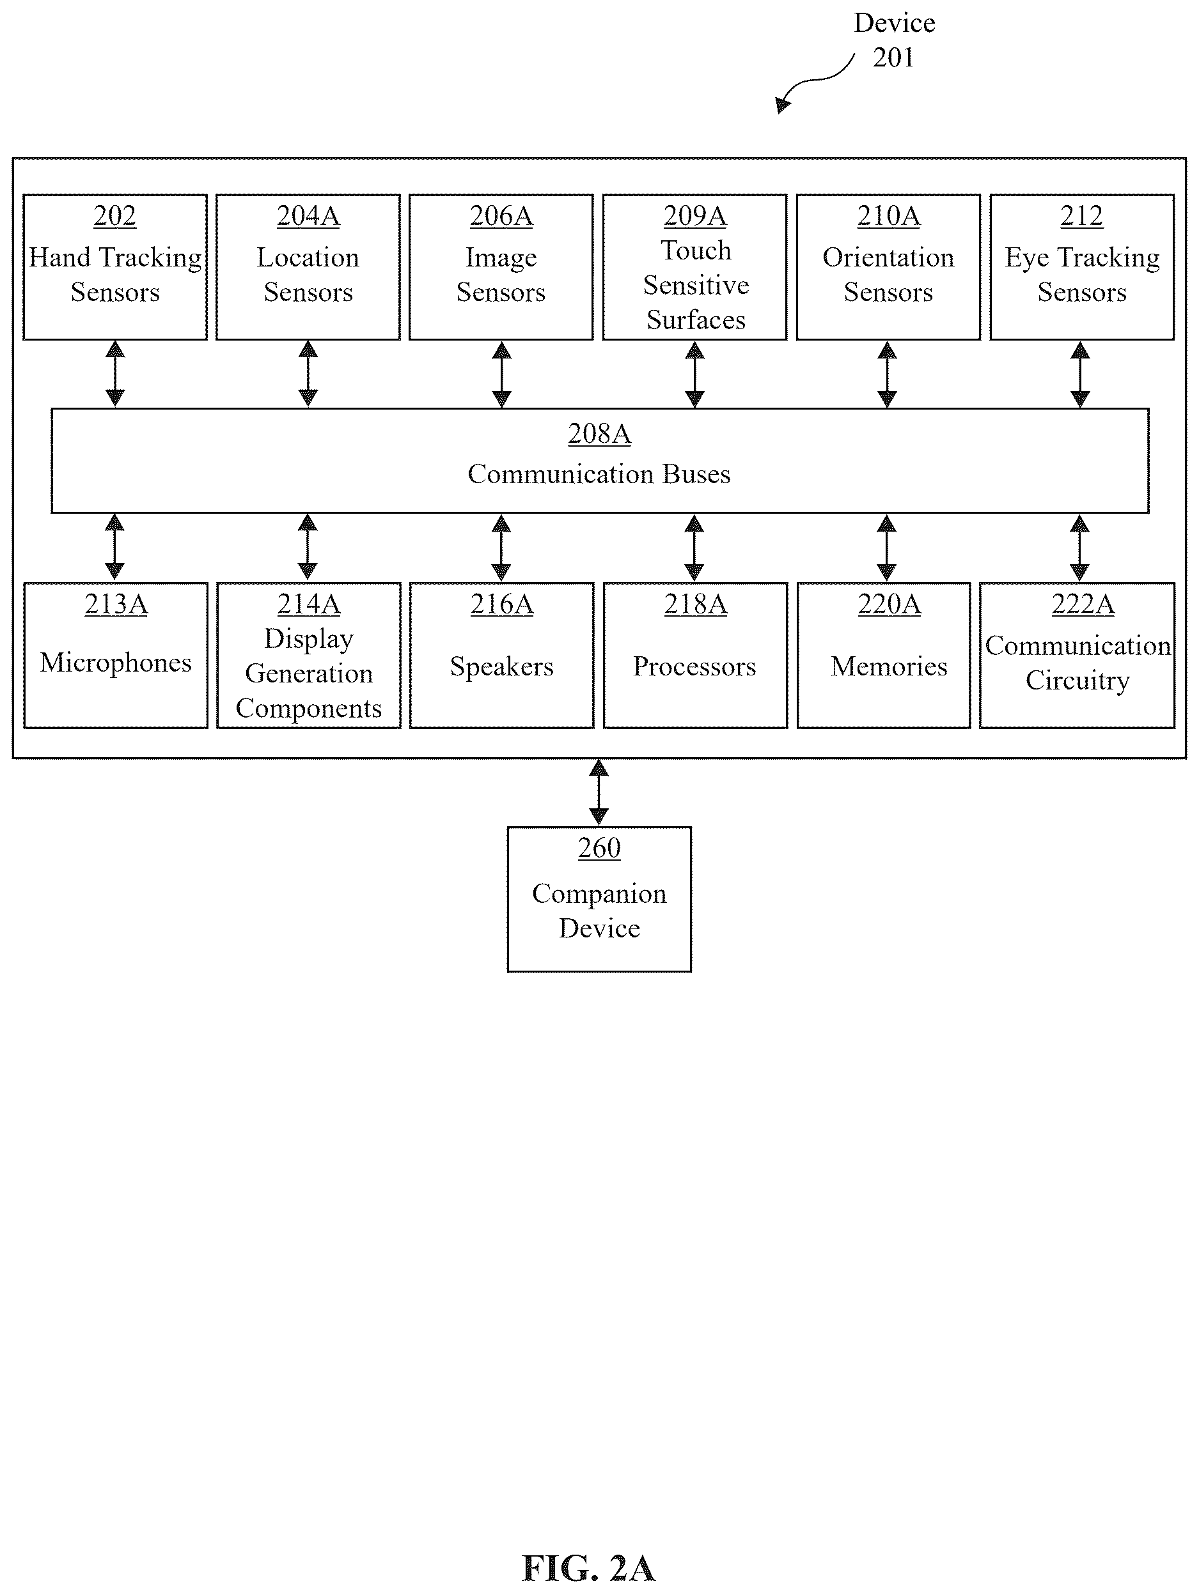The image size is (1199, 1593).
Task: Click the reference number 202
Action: point(114,215)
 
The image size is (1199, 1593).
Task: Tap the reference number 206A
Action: point(501,215)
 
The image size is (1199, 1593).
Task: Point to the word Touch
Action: point(696,250)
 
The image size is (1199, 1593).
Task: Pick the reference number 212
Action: point(1081,215)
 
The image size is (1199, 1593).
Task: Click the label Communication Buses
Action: point(599,474)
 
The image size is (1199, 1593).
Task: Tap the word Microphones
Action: point(116,663)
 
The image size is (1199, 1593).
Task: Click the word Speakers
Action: point(502,667)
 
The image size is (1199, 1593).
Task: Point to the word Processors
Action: point(694,667)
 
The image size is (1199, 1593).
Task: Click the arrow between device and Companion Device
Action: point(599,792)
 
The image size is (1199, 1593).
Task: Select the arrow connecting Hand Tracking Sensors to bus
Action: point(115,374)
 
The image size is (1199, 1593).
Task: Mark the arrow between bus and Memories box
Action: point(887,548)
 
